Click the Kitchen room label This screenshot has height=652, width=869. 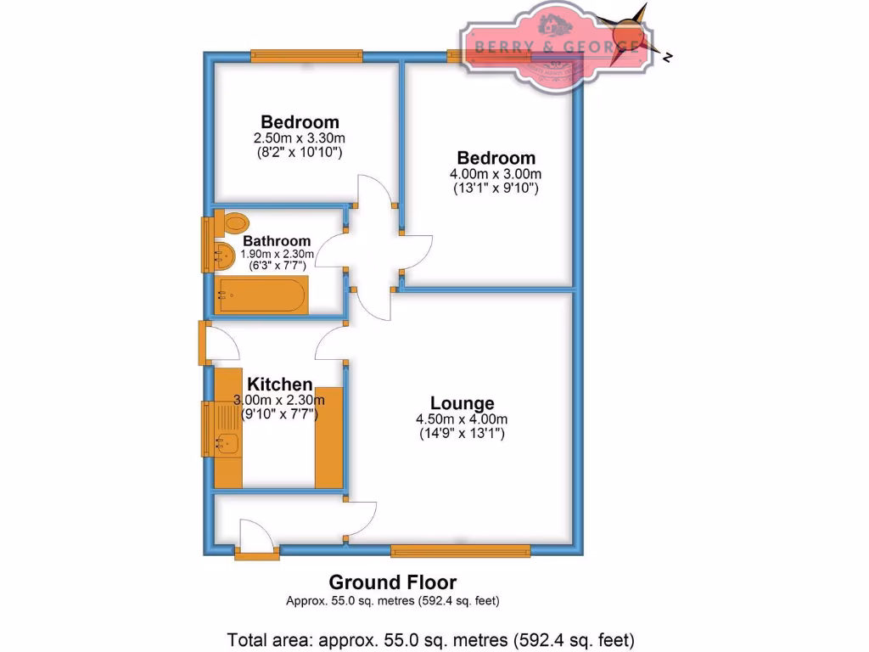pos(279,385)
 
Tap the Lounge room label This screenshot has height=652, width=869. pos(462,403)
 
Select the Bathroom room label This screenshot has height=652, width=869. pos(277,241)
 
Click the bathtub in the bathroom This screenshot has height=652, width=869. pos(260,295)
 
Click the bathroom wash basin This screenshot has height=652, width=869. pos(223,253)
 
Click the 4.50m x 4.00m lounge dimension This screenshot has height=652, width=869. pos(462,419)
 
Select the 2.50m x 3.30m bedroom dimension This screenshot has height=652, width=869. pos(300,138)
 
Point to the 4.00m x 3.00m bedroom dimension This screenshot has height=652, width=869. pos(496,173)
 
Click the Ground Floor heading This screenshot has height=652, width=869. pos(392,582)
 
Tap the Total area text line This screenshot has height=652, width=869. pos(431,638)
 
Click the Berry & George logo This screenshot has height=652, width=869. pos(555,46)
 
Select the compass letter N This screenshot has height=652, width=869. pos(669,58)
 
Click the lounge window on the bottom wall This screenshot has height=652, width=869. pos(460,550)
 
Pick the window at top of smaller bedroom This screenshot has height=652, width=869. pos(307,56)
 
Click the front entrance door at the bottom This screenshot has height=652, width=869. pos(256,543)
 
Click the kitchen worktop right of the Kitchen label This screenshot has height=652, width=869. pos(328,437)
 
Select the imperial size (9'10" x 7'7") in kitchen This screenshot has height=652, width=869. pos(279,415)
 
